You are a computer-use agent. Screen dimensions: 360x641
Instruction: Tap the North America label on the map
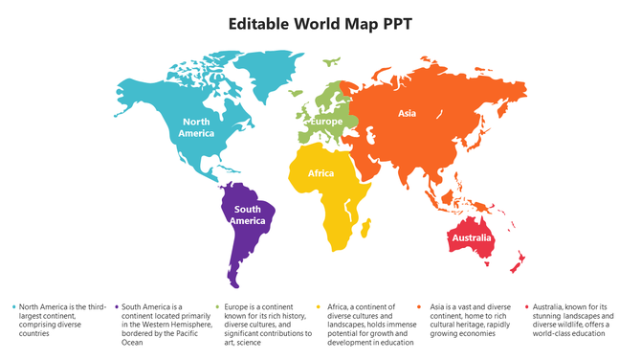[x=196, y=127]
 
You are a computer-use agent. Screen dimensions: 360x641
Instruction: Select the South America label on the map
[x=248, y=214]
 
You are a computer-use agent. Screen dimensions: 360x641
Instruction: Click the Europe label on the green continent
[x=326, y=122]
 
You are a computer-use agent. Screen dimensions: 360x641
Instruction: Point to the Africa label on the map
[x=320, y=173]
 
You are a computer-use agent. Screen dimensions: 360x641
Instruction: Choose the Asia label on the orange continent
[x=407, y=114]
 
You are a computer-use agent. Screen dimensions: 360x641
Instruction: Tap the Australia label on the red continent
[x=472, y=237]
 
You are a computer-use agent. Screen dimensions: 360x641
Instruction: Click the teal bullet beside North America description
[x=13, y=307]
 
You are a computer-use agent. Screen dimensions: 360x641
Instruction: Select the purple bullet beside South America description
[x=116, y=307]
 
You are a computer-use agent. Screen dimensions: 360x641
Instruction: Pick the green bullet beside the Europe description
[x=218, y=307]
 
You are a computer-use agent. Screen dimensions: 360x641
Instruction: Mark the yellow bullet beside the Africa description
[x=320, y=307]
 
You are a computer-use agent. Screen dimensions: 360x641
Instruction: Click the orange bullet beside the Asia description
[x=422, y=307]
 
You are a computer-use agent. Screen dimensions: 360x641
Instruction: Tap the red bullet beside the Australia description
[x=524, y=307]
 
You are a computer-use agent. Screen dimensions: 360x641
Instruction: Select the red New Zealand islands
[x=519, y=259]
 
